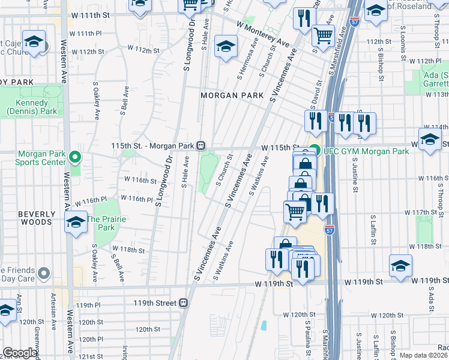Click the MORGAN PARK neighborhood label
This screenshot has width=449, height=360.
coord(228,95)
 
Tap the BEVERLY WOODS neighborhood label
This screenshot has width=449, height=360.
coord(26,218)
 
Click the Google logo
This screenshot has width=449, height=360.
coord(20,353)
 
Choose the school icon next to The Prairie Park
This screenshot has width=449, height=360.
coord(76,223)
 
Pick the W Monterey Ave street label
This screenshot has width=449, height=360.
coord(263,34)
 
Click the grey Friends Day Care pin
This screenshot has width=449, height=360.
coord(43,274)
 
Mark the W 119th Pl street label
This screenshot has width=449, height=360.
coord(89,305)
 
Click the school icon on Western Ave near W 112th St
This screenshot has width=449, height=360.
coord(35,43)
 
